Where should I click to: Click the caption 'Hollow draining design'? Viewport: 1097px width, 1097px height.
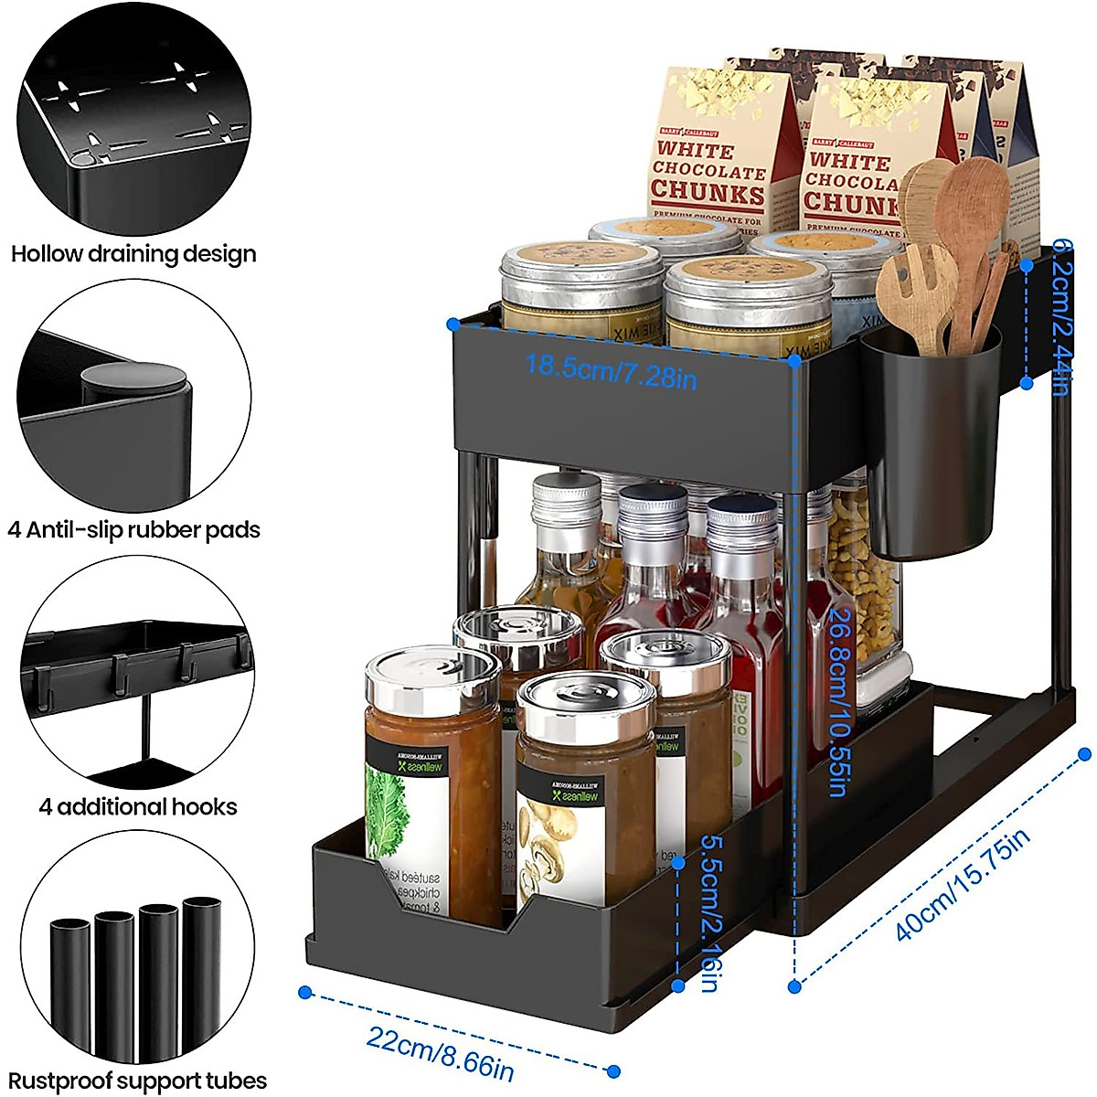click(133, 254)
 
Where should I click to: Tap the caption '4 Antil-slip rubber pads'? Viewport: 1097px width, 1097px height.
click(133, 530)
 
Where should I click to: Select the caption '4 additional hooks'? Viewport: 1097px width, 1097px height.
click(138, 807)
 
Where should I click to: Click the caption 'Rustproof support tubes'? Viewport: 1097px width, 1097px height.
click(138, 1081)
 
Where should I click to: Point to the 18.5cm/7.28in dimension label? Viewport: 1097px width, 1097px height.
click(611, 371)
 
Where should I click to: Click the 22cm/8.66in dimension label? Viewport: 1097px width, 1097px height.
click(440, 1052)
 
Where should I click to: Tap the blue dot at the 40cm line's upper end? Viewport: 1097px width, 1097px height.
click(1085, 754)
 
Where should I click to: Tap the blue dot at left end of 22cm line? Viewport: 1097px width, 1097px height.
click(305, 992)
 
